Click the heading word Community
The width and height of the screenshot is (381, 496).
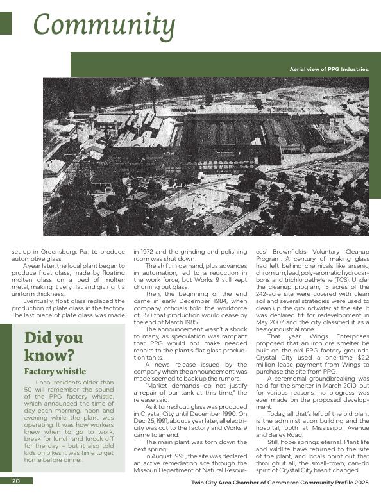103,26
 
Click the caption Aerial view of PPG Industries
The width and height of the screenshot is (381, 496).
330,69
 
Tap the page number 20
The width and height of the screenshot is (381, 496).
15,481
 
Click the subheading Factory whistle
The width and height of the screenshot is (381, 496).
55,371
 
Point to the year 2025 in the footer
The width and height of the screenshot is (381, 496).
362,482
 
